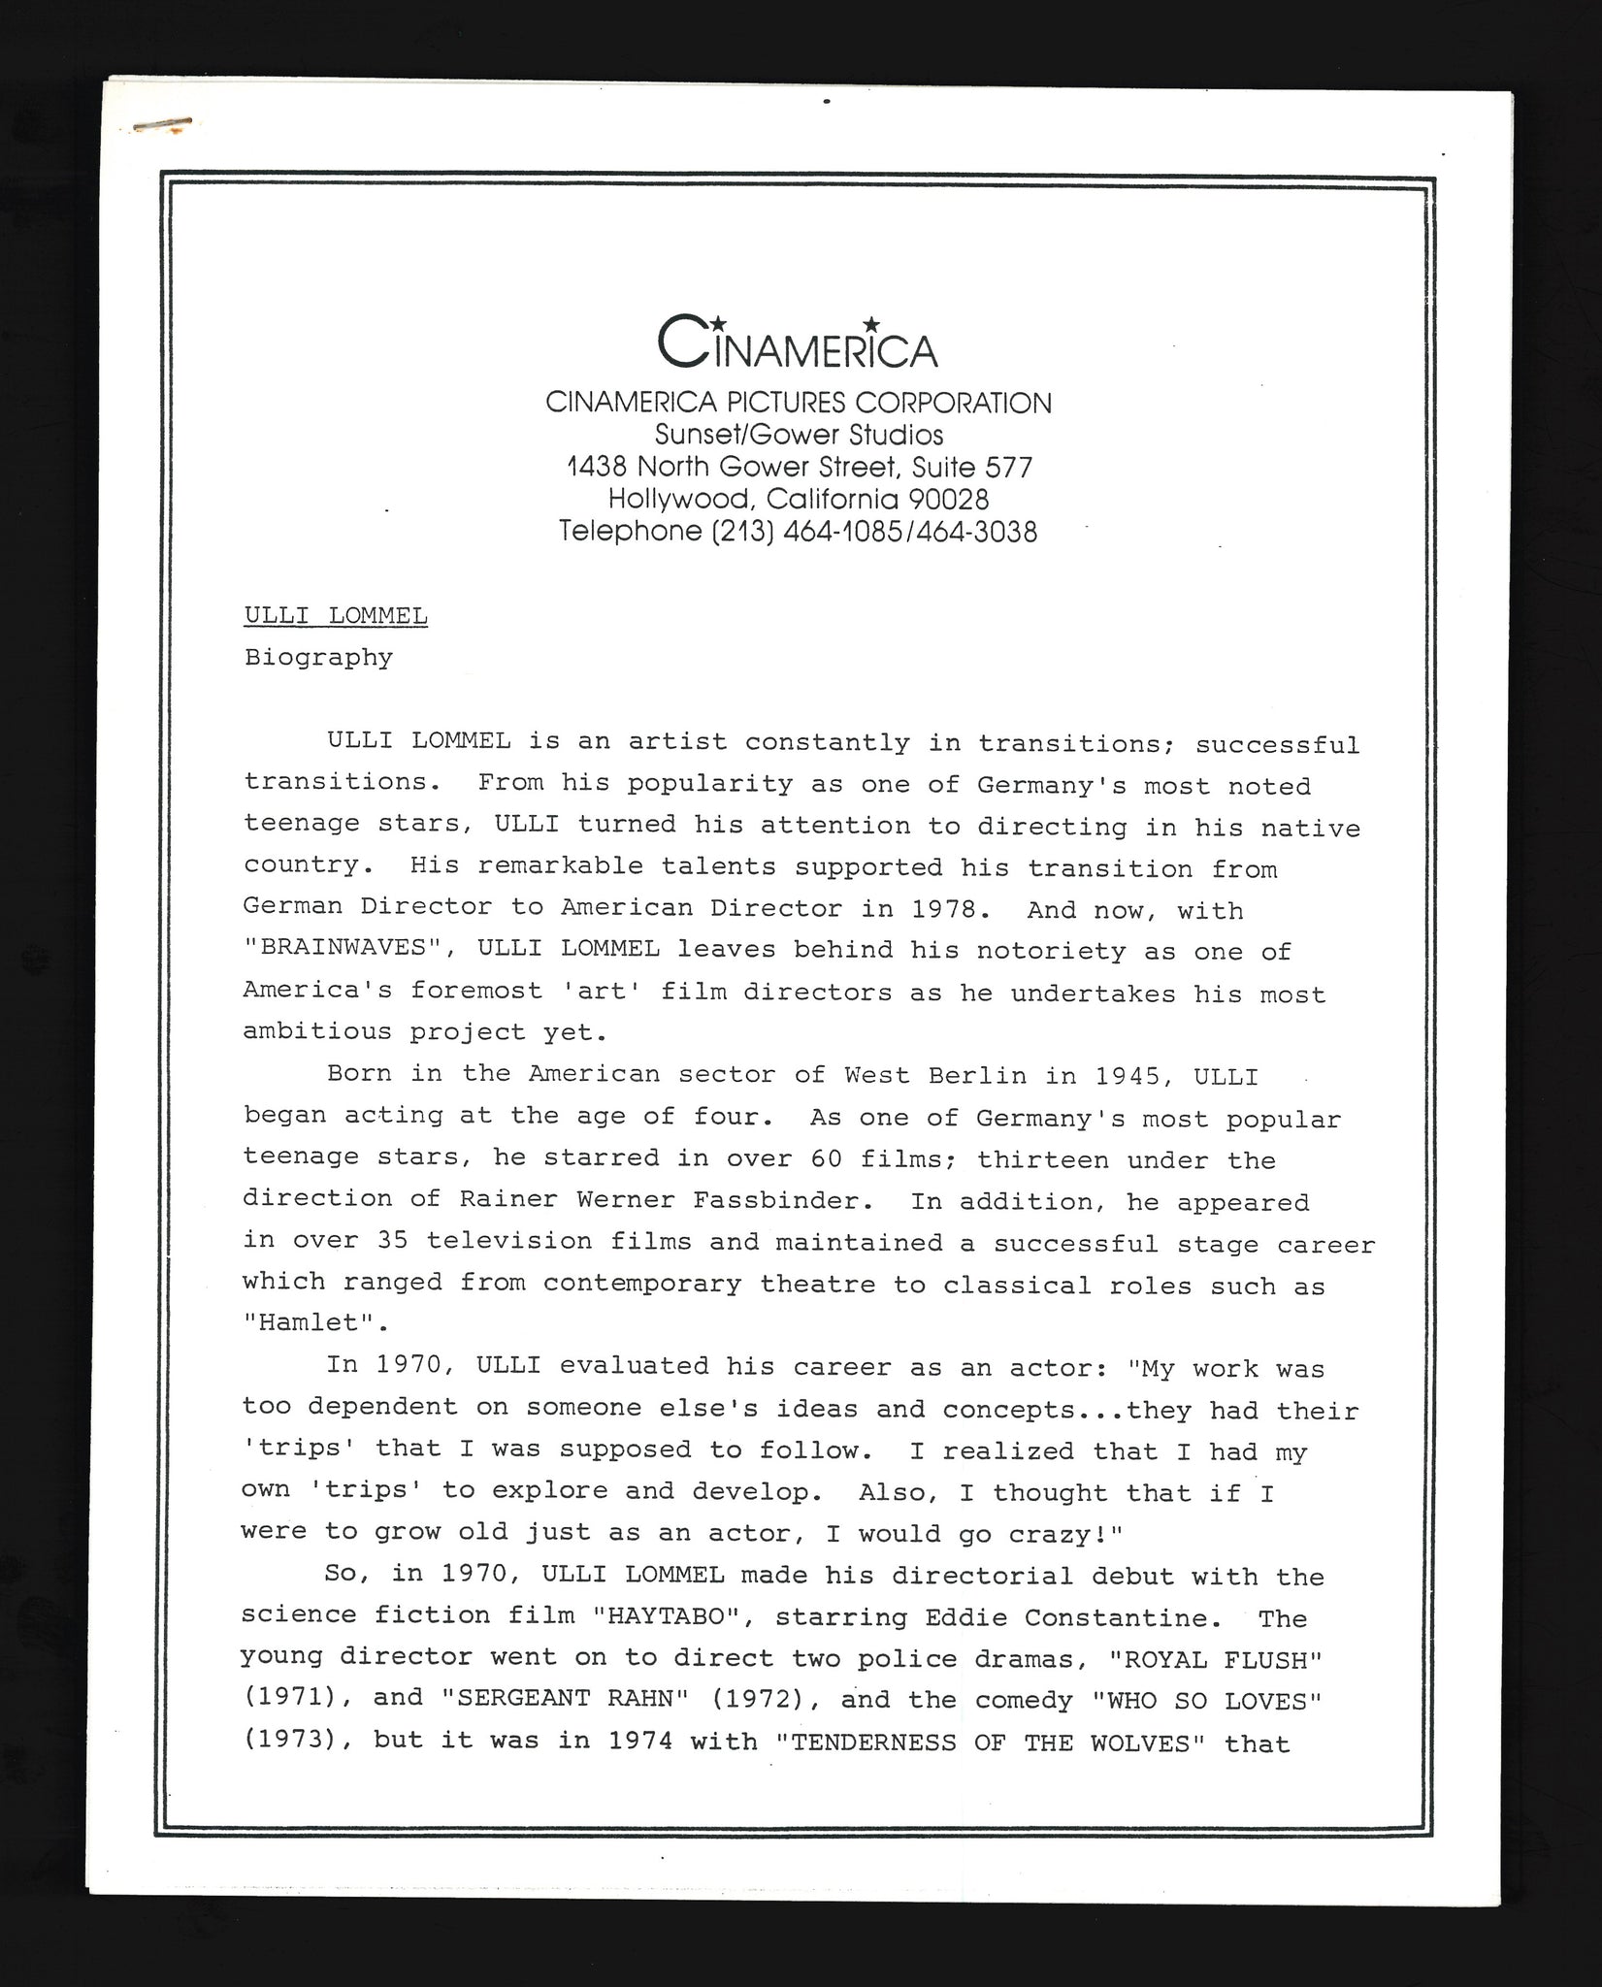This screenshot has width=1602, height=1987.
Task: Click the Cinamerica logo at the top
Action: click(798, 342)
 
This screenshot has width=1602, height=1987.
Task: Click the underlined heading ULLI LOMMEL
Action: click(336, 616)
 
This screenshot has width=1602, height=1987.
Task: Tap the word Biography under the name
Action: click(318, 658)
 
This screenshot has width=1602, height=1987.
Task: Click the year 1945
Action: click(1128, 1076)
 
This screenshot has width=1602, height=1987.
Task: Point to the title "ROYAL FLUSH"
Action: click(1222, 1659)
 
